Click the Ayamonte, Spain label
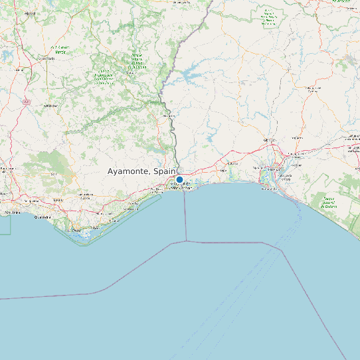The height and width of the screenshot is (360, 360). pyautogui.click(x=141, y=171)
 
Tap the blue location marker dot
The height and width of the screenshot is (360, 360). pyautogui.click(x=179, y=179)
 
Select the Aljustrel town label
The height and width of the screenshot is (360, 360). pyautogui.click(x=30, y=13)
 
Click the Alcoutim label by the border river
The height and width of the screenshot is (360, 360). pyautogui.click(x=169, y=116)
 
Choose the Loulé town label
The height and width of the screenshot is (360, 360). pyautogui.click(x=58, y=199)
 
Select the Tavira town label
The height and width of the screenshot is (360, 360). pyautogui.click(x=126, y=206)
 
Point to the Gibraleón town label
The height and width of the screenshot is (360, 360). pyautogui.click(x=270, y=141)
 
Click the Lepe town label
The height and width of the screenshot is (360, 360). pyautogui.click(x=232, y=162)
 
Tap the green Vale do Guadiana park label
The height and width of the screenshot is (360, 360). pyautogui.click(x=138, y=61)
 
